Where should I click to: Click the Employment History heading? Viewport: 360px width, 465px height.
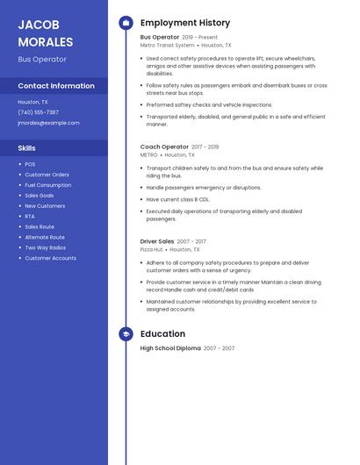[x=185, y=23]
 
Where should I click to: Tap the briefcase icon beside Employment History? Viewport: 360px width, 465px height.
[x=126, y=23]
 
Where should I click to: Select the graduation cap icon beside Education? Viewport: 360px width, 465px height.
[x=126, y=333]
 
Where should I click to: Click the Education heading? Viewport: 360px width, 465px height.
[x=162, y=333]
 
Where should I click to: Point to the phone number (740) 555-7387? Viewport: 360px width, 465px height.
[x=38, y=112]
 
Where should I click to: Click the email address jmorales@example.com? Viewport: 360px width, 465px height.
[x=48, y=123]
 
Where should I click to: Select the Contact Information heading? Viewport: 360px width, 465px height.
[x=56, y=86]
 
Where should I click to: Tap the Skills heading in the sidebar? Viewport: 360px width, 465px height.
[x=27, y=148]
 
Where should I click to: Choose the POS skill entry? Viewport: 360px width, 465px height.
[x=30, y=164]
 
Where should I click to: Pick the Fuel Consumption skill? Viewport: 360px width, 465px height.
[x=47, y=185]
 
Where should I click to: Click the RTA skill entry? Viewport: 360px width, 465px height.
[x=30, y=216]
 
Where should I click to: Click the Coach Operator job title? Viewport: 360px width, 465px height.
[x=164, y=147]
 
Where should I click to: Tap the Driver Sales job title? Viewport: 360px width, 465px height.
[x=157, y=241]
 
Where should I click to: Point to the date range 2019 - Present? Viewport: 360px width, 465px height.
[x=200, y=38]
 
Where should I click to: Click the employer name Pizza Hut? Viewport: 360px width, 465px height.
[x=152, y=249]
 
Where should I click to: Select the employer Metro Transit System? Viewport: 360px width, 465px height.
[x=167, y=45]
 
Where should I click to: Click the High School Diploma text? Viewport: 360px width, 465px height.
[x=170, y=348]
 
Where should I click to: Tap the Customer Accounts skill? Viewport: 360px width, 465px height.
[x=50, y=258]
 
